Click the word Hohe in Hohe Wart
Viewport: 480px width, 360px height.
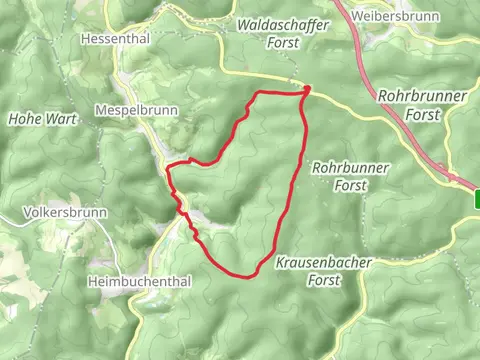22,118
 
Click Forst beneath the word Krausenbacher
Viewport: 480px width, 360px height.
322,281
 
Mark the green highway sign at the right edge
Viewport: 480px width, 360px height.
476,198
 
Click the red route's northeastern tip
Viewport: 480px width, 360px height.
306,90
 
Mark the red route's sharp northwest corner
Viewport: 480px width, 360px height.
259,94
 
